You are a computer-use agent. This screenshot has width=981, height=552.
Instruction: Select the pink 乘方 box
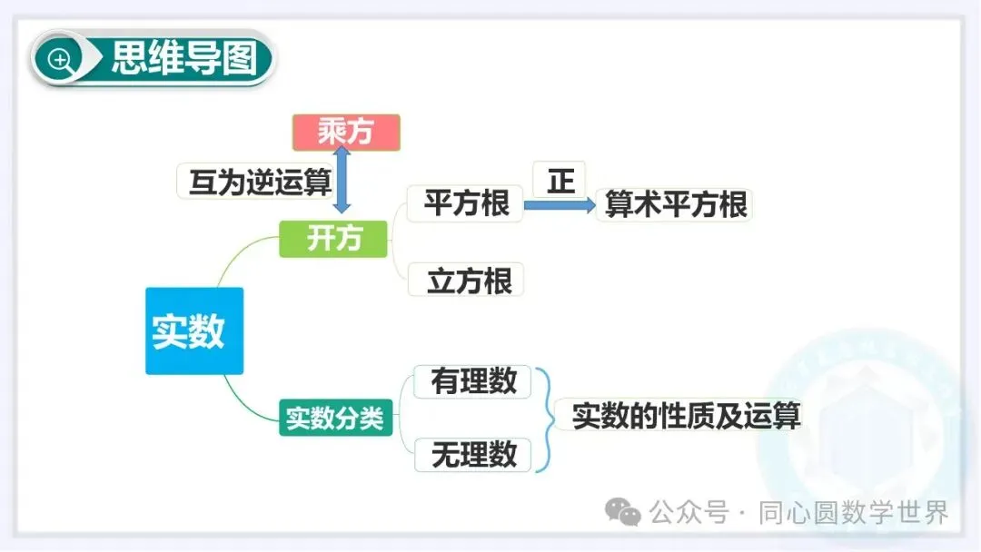coord(346,133)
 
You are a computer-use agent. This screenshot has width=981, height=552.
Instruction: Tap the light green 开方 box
coord(333,239)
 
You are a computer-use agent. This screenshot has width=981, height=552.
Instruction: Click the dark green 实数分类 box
coord(336,419)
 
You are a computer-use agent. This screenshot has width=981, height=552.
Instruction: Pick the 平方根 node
coord(467,203)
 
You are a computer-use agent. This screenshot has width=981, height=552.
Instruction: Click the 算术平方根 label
coord(676,205)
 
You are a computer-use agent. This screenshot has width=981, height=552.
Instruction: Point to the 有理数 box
coord(474,381)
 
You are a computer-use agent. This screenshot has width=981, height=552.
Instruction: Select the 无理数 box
coord(474,454)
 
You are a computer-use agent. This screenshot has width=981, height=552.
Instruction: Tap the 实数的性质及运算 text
coord(686,416)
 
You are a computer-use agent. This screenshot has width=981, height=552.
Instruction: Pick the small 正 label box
coord(560,181)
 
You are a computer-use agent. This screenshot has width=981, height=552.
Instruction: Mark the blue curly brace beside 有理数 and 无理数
coord(544,419)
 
